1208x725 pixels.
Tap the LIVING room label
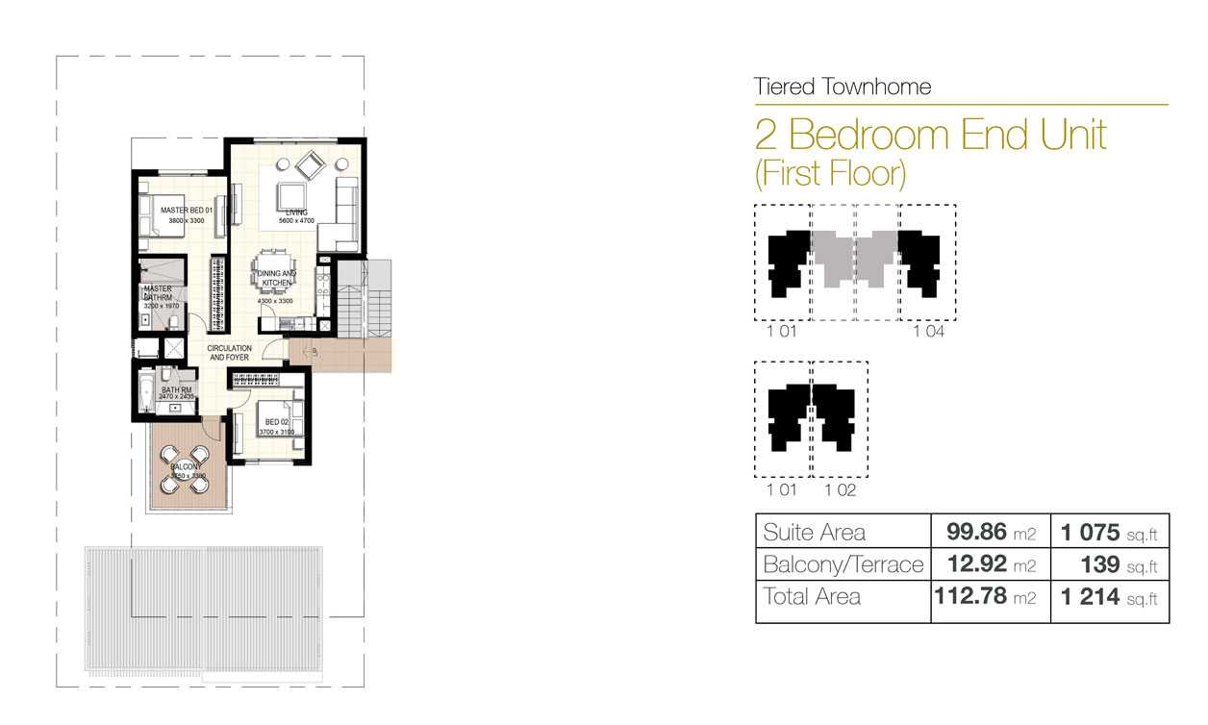click(296, 212)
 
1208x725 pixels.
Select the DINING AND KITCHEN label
click(276, 279)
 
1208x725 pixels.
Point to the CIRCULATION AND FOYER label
click(230, 353)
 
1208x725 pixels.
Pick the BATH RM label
click(177, 389)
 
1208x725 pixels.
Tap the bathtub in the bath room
click(145, 392)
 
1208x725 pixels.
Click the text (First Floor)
click(831, 173)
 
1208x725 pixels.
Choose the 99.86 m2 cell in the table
click(989, 532)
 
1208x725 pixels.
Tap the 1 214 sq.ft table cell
click(1109, 597)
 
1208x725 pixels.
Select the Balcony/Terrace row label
click(843, 564)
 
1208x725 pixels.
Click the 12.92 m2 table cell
click(989, 564)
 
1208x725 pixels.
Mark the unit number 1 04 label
click(928, 332)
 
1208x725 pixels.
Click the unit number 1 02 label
click(840, 490)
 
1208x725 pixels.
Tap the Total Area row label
click(812, 596)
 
